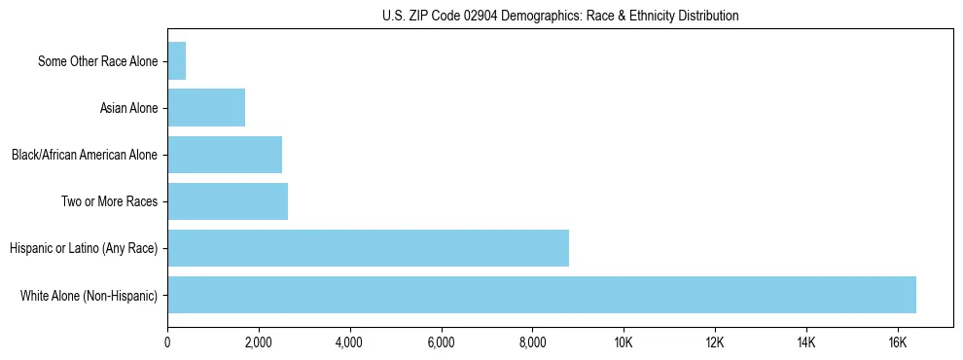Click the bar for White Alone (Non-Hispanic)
click(541, 295)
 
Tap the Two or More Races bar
click(228, 201)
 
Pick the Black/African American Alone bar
click(225, 155)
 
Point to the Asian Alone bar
click(206, 108)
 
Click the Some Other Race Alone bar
click(177, 61)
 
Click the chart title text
click(560, 16)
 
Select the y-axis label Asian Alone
click(129, 108)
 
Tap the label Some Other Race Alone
click(98, 61)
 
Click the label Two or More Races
click(110, 201)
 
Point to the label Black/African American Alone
click(85, 155)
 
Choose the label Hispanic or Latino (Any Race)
click(84, 248)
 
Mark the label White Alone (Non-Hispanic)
click(89, 295)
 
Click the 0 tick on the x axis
click(167, 342)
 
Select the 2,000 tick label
click(258, 342)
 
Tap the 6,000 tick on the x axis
click(441, 342)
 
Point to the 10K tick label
click(624, 342)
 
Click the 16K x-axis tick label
click(897, 342)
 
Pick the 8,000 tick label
click(532, 342)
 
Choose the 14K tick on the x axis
click(805, 342)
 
